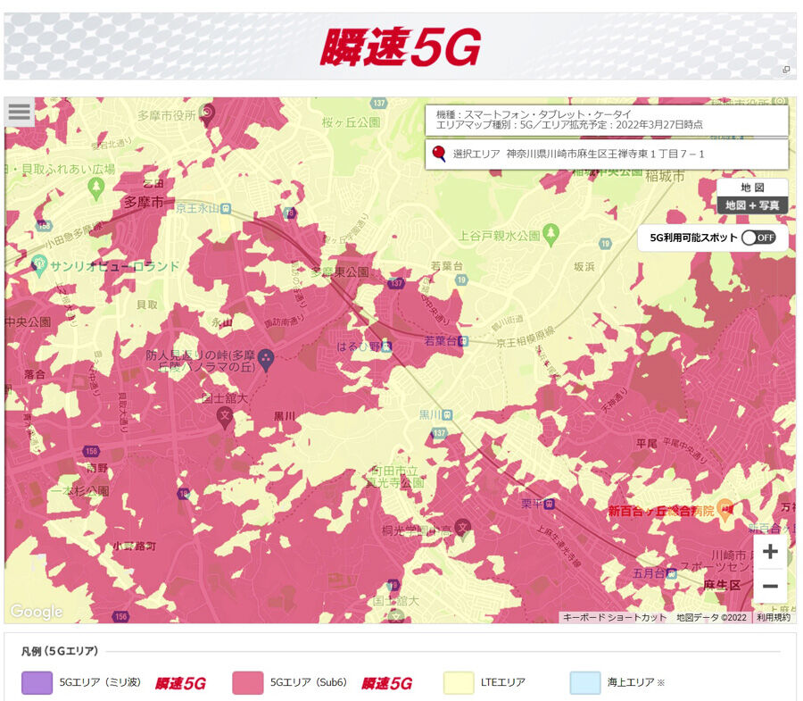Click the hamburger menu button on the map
click(x=19, y=113)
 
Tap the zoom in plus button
click(x=770, y=552)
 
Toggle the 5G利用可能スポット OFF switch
click(x=758, y=238)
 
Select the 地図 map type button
click(x=752, y=188)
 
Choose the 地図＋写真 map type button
click(x=752, y=205)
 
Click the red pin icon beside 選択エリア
click(x=438, y=154)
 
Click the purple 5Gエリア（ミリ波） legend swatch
click(x=37, y=682)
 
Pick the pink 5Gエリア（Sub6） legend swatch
click(x=247, y=682)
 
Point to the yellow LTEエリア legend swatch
click(x=458, y=682)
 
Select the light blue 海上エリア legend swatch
click(x=585, y=682)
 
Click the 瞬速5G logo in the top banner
click(x=401, y=46)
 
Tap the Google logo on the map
click(x=37, y=612)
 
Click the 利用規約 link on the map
click(x=773, y=617)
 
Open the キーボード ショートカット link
click(x=614, y=617)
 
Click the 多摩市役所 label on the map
click(x=167, y=115)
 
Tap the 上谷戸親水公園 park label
click(x=500, y=236)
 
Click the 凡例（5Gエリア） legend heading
click(x=61, y=651)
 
